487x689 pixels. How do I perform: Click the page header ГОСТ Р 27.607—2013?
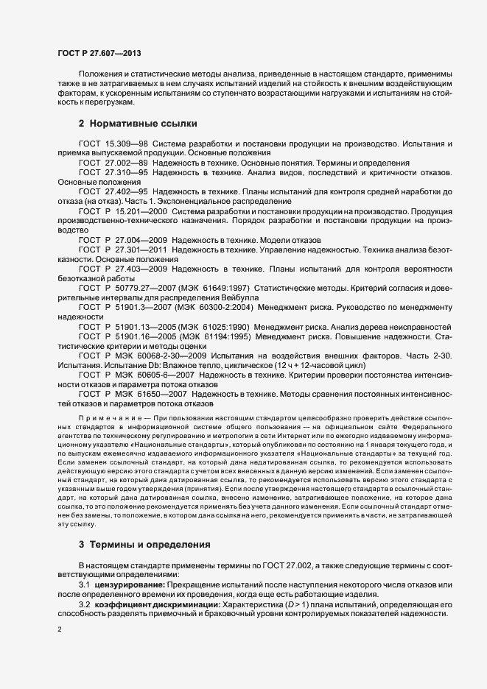99,54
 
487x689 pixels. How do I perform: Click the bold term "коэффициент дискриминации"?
153,604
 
